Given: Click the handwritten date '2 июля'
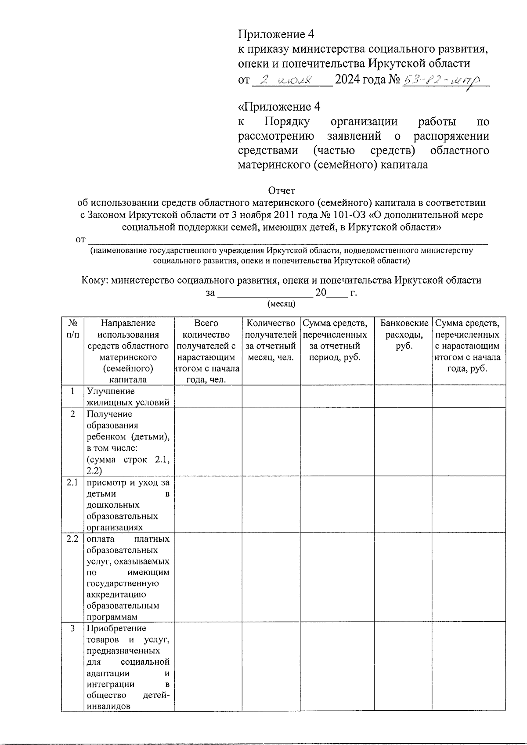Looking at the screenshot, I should (285, 80).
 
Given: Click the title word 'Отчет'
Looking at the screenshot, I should (282, 191).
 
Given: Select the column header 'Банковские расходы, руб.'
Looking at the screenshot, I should (404, 335).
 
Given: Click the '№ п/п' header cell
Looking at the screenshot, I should (73, 329).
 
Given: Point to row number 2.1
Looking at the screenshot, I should (72, 482).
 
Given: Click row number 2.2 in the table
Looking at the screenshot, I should (72, 539).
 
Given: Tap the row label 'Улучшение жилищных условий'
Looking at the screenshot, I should (128, 397).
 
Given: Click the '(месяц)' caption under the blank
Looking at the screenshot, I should (282, 304).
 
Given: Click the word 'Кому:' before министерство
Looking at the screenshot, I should (94, 281).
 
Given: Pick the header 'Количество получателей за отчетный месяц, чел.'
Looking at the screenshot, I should (271, 340).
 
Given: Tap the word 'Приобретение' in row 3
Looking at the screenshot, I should (116, 628).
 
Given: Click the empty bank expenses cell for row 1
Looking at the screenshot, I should (403, 397).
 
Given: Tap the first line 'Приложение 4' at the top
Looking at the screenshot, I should (276, 34).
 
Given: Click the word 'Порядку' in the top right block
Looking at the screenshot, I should (287, 121).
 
